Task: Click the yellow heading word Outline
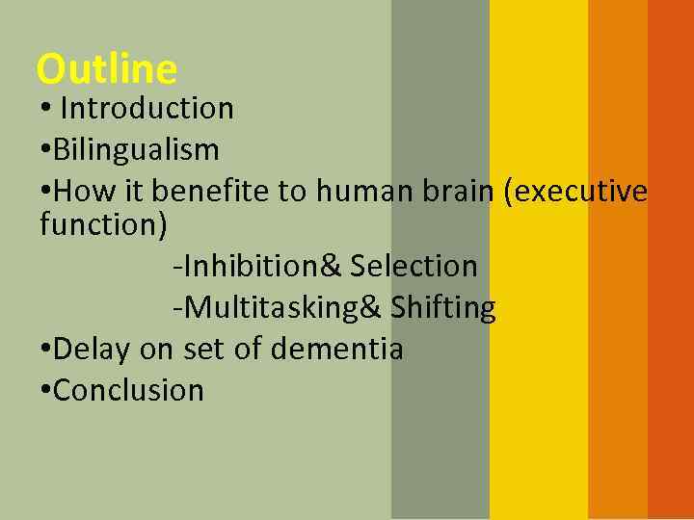point(106,69)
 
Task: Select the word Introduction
point(147,109)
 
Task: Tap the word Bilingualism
point(136,150)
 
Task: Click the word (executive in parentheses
point(575,192)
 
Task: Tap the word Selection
point(414,266)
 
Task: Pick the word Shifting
point(442,308)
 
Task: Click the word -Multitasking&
point(277,308)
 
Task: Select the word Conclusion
point(128,390)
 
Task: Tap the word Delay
point(93,349)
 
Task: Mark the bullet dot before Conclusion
point(46,390)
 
